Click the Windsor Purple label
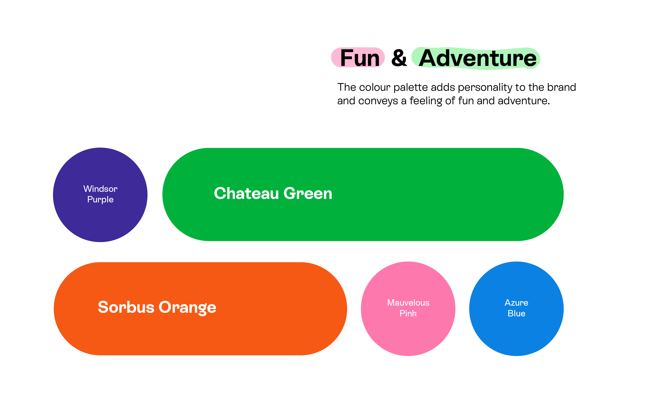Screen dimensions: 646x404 pyautogui.click(x=100, y=194)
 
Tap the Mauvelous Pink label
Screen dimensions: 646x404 pyautogui.click(x=408, y=308)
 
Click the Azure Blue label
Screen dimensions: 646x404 pyautogui.click(x=516, y=308)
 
